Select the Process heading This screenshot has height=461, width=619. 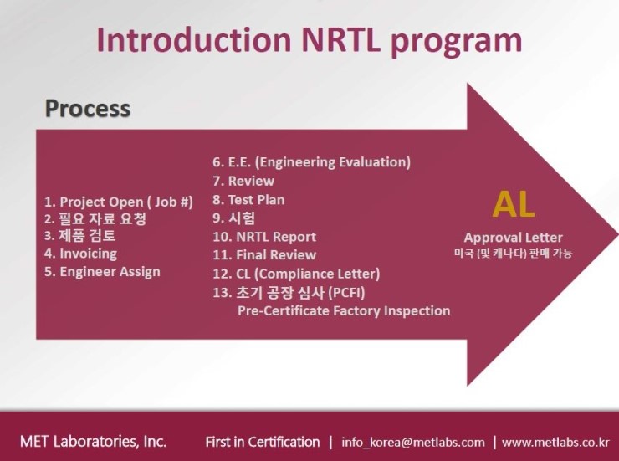pos(87,109)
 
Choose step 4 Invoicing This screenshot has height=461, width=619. pos(80,254)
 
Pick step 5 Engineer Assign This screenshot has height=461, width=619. pos(102,271)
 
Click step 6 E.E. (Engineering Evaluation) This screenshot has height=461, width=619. pos(311,162)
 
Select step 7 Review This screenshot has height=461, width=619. pos(243,181)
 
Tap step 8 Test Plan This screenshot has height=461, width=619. pos(248,199)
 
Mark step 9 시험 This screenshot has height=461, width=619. pos(234,218)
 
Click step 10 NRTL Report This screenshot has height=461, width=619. pos(264,237)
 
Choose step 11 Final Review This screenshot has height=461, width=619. pos(264,255)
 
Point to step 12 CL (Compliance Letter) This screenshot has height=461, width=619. pos(296,274)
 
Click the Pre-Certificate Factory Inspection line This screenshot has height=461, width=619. pos(344,310)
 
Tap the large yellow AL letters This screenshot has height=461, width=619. pos(513,205)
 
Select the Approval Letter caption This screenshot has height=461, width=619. pos(513,238)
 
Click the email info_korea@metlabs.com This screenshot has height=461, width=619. pos(412,442)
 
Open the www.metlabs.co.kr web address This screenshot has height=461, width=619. pos(555,442)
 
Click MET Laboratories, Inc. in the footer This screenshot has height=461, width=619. pos(93,441)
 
